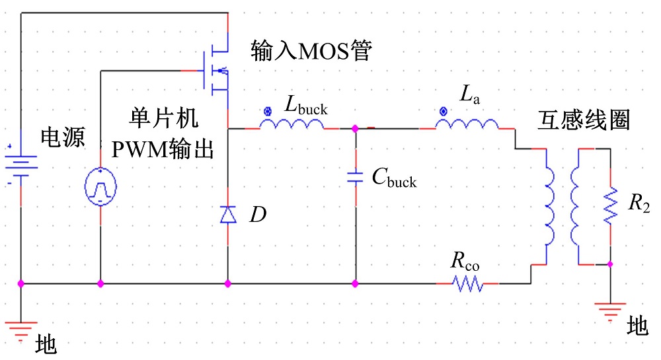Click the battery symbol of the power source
click(x=20, y=162)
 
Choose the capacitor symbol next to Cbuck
click(x=356, y=176)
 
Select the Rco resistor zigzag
click(x=467, y=284)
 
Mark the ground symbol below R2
click(x=609, y=308)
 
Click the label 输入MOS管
click(x=311, y=50)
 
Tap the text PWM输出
click(x=163, y=150)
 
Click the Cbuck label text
click(x=394, y=177)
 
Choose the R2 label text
click(x=639, y=204)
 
